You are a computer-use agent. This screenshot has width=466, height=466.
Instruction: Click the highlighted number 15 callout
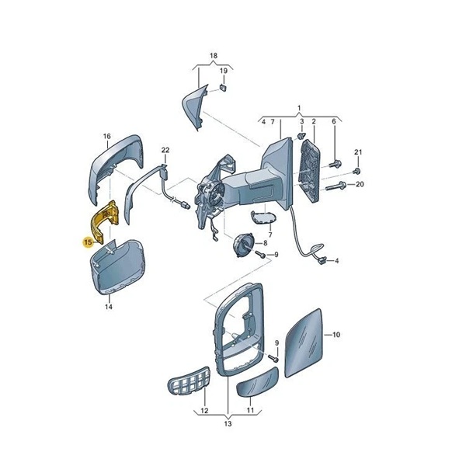(88, 242)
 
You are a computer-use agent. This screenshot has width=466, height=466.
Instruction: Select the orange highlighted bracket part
(105, 221)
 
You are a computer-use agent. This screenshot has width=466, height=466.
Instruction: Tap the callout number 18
(214, 56)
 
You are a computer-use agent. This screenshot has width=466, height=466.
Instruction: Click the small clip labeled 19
(223, 87)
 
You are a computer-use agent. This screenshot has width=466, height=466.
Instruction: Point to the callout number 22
(165, 150)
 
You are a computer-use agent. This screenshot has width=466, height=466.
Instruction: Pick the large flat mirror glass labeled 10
(304, 343)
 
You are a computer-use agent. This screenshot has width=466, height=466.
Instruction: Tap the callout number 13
(228, 423)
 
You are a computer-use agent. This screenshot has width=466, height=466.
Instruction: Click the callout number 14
(109, 307)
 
